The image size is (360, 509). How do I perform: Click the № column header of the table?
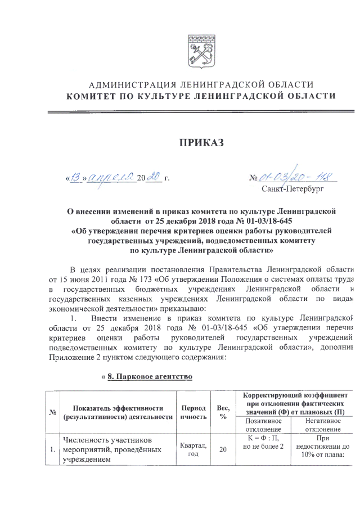click(x=52, y=412)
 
